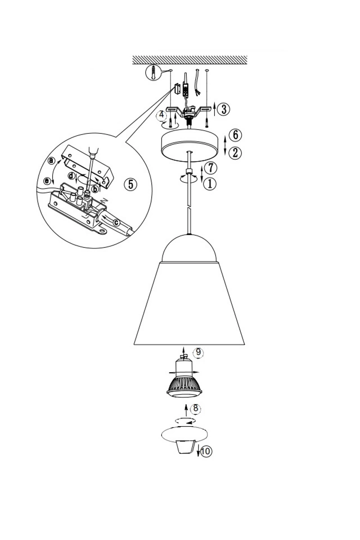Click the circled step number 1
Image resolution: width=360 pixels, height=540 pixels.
(210, 184)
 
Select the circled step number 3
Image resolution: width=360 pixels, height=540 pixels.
(224, 109)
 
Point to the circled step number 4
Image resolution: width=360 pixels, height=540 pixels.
(162, 115)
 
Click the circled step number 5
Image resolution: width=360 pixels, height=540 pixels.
(130, 184)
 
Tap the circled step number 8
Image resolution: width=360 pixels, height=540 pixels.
(195, 408)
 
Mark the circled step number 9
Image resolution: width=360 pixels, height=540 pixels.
(198, 352)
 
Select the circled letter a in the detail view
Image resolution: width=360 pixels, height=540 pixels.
(51, 161)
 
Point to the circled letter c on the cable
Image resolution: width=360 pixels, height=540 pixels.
(117, 223)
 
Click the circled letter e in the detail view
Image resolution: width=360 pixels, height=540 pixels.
(47, 180)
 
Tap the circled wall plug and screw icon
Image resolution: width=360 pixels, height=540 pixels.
(153, 72)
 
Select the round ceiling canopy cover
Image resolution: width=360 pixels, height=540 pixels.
(189, 145)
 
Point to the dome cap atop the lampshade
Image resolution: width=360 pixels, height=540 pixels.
(189, 248)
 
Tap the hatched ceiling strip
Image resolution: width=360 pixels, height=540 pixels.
(190, 60)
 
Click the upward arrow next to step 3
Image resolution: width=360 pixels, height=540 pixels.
(214, 109)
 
